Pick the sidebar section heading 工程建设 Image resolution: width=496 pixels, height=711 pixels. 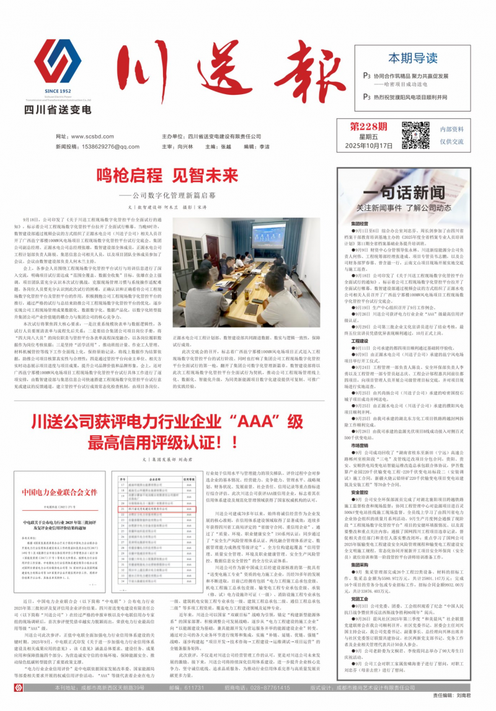360,342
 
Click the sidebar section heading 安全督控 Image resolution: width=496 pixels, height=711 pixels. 360,492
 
